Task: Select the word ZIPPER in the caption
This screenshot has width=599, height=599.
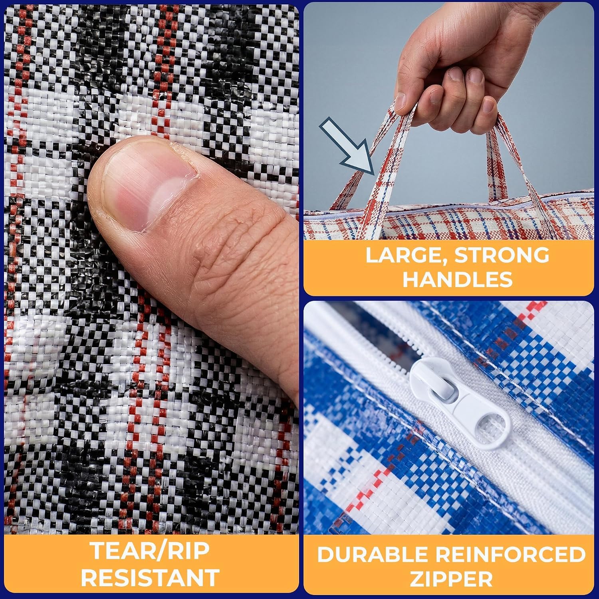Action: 451,579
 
